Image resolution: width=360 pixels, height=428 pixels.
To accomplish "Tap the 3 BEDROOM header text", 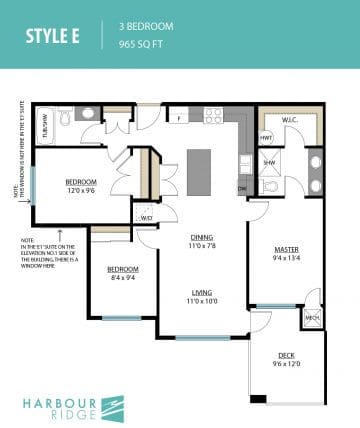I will pos(146,25).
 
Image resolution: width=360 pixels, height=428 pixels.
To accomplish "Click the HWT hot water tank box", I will pos(267,137).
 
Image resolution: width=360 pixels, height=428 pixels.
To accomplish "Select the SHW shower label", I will pos(268,161).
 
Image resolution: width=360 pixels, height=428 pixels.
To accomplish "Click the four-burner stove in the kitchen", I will pos(213,115).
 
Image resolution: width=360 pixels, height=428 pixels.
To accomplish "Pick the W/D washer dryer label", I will pos(146,217).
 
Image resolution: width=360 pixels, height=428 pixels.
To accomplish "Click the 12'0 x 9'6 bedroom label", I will pos(80,187).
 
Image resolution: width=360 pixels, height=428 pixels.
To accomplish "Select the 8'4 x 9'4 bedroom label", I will pos(122,276).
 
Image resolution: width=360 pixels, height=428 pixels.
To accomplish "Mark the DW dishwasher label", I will pos(242,187).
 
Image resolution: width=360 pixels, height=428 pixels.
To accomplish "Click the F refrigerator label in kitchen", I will pos(178,118).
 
